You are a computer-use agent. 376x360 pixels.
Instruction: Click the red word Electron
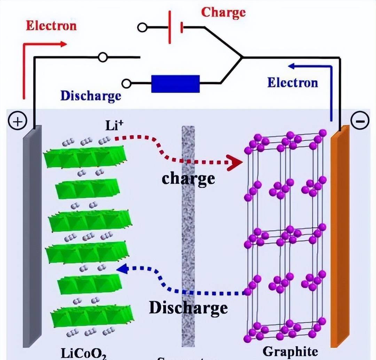pyautogui.click(x=51, y=26)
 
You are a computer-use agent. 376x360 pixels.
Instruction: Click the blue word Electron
pyautogui.click(x=292, y=82)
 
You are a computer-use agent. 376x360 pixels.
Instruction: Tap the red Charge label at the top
pyautogui.click(x=224, y=13)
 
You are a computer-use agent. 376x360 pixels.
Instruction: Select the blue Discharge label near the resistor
pyautogui.click(x=91, y=95)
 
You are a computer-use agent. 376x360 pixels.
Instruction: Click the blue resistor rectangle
pyautogui.click(x=175, y=83)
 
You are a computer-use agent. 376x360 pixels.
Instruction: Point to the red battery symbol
pyautogui.click(x=175, y=27)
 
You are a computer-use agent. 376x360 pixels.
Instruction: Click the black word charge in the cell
pyautogui.click(x=188, y=178)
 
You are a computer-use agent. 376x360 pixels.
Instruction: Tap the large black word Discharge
pyautogui.click(x=188, y=307)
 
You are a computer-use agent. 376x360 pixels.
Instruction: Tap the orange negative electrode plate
pyautogui.click(x=339, y=237)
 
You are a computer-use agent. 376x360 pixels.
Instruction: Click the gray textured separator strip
pyautogui.click(x=188, y=237)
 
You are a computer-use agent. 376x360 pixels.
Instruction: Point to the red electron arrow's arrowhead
pyautogui.click(x=63, y=44)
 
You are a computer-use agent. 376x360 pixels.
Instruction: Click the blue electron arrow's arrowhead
pyautogui.click(x=291, y=65)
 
